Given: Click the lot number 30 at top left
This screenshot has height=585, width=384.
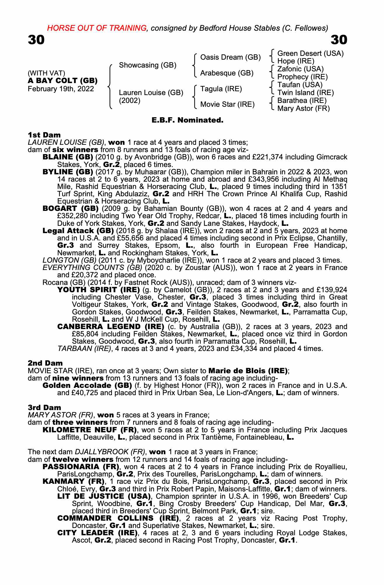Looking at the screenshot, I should pyautogui.click(x=36, y=40).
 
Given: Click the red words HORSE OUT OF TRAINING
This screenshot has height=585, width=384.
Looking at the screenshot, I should pyautogui.click(x=97, y=28).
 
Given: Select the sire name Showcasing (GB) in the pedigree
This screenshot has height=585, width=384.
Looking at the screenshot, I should pyautogui.click(x=147, y=65).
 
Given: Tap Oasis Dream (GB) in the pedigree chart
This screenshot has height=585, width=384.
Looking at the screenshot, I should pyautogui.click(x=230, y=57).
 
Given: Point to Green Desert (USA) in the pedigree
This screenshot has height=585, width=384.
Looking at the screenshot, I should pyautogui.click(x=310, y=53).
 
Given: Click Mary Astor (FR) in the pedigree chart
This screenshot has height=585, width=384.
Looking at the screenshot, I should pyautogui.click(x=303, y=109).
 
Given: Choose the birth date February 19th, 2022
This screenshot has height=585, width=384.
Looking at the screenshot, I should pyautogui.click(x=61, y=89).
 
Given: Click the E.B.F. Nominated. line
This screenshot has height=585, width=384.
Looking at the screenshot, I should pyautogui.click(x=187, y=120).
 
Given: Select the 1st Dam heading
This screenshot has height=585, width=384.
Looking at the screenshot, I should pyautogui.click(x=44, y=135).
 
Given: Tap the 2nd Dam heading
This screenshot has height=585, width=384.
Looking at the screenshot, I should pyautogui.click(x=45, y=363).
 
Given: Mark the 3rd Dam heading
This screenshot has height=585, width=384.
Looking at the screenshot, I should pyautogui.click(x=44, y=407).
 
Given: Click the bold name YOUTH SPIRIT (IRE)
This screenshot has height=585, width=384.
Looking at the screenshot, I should pyautogui.click(x=98, y=290).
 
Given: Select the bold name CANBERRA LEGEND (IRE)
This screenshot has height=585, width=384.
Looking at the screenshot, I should pyautogui.click(x=111, y=326).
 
